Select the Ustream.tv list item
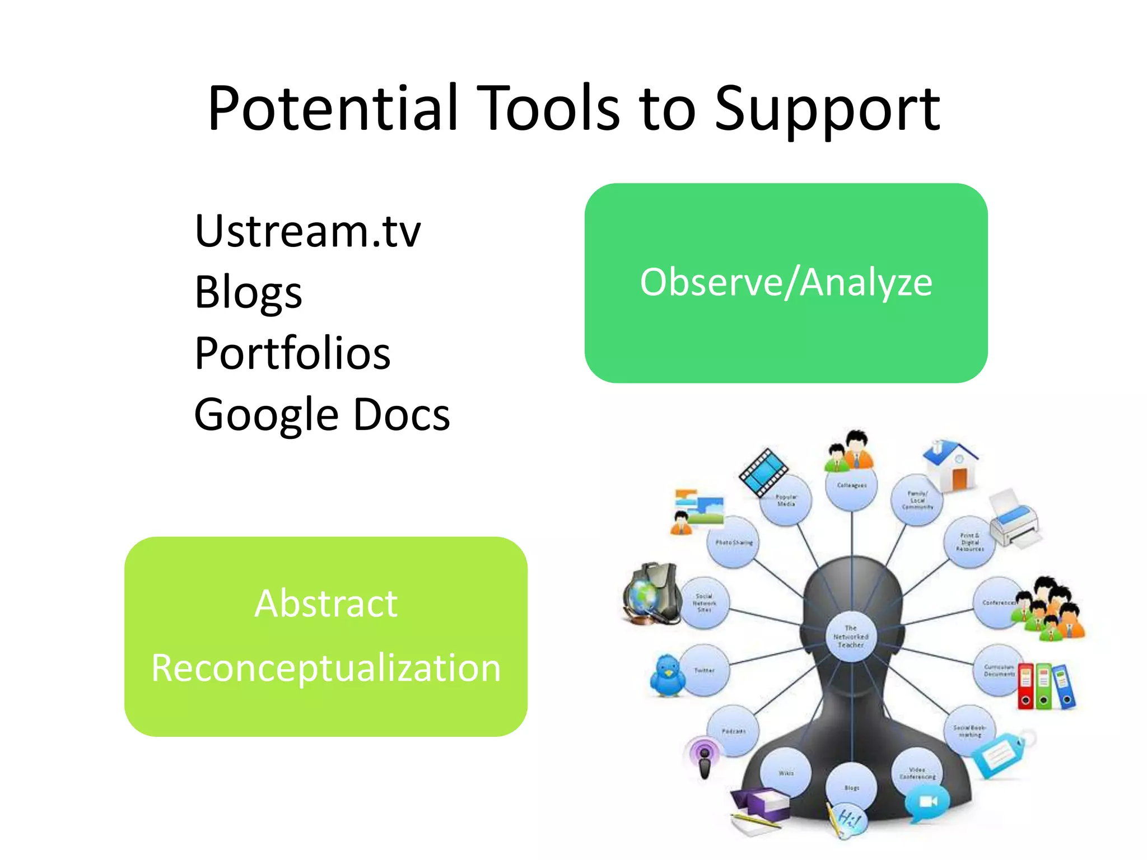(x=307, y=231)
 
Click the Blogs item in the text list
(x=248, y=292)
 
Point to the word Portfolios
(x=292, y=353)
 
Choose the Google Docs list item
(x=321, y=415)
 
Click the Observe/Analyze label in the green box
(x=786, y=282)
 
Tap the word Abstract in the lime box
(x=326, y=604)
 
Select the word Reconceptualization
(x=326, y=668)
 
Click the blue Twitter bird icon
(x=668, y=675)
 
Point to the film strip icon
(x=763, y=472)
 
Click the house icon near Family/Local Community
(x=952, y=465)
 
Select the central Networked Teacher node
(x=851, y=637)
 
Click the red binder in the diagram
(x=1025, y=686)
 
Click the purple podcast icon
(x=705, y=756)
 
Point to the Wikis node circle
(x=786, y=773)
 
